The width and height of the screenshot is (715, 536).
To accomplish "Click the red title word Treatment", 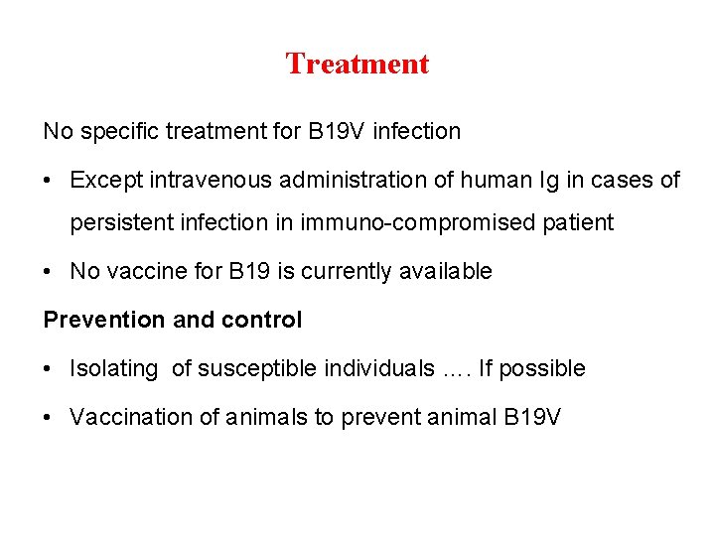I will (357, 65).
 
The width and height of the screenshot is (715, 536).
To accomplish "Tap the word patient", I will (579, 222).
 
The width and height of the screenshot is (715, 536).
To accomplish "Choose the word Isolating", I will (113, 369).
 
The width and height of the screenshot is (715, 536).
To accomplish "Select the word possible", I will (542, 369).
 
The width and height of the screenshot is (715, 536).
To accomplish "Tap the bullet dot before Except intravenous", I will (48, 181).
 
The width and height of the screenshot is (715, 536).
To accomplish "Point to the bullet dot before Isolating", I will (48, 369).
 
